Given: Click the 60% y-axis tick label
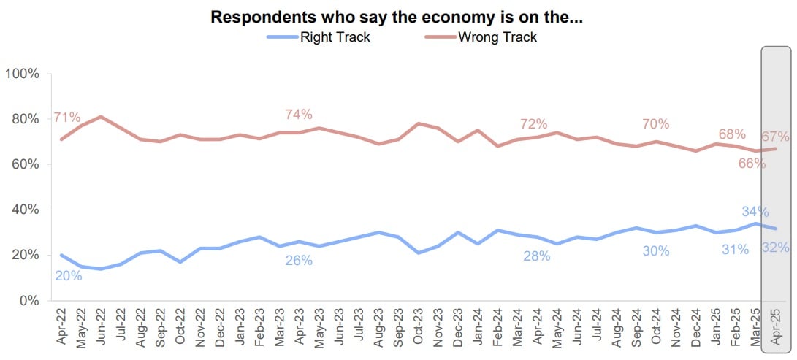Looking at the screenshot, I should point(25,164).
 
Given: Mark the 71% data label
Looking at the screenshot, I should point(66,118).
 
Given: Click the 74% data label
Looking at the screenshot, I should point(299,115).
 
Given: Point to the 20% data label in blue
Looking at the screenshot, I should point(68,275).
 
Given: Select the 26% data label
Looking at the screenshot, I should point(299,260).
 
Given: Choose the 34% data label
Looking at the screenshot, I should point(755,212).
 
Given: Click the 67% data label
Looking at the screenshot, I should point(775,137).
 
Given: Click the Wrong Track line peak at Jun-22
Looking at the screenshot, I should point(101,117).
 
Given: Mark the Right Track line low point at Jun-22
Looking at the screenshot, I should point(101,269).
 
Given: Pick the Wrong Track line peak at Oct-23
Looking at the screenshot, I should point(419,123).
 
